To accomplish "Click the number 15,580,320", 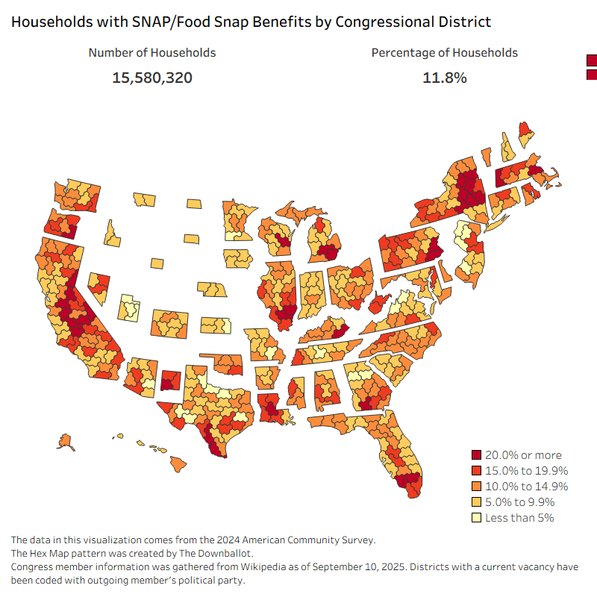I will pyautogui.click(x=152, y=77).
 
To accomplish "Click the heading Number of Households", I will pyautogui.click(x=152, y=53).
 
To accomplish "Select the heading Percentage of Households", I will pyautogui.click(x=444, y=53).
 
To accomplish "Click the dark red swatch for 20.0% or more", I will pyautogui.click(x=477, y=455).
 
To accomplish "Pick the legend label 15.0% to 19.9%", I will pyautogui.click(x=526, y=471).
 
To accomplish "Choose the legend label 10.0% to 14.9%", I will pyautogui.click(x=526, y=487).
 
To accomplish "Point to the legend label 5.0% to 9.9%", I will pyautogui.click(x=522, y=502).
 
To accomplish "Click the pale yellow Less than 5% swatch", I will pyautogui.click(x=477, y=518).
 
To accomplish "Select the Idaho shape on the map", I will pyautogui.click(x=113, y=233).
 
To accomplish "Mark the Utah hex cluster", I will pyautogui.click(x=130, y=307).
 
